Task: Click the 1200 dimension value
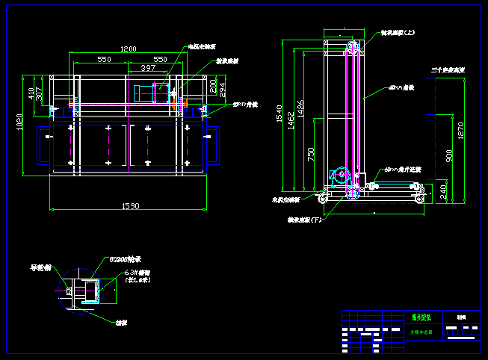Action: click(129, 49)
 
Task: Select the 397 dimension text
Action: click(148, 68)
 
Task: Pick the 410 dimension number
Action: click(31, 93)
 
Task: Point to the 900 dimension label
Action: click(449, 155)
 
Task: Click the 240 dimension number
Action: click(442, 192)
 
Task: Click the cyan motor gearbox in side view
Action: click(340, 176)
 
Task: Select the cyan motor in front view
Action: click(143, 93)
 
